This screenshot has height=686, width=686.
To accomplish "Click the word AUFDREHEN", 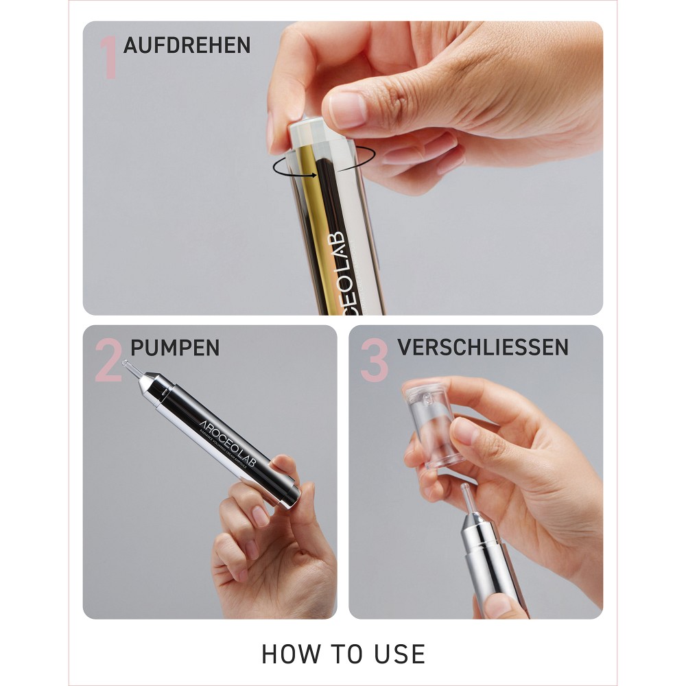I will [187, 45].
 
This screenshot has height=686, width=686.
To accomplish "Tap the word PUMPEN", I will [175, 348].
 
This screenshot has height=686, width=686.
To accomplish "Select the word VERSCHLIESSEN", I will [482, 347].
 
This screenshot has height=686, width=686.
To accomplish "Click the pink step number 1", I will [109, 58].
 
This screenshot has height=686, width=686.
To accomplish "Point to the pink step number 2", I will [108, 362].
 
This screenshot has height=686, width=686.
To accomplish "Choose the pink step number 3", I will [374, 362].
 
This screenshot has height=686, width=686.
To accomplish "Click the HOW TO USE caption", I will [343, 654].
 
